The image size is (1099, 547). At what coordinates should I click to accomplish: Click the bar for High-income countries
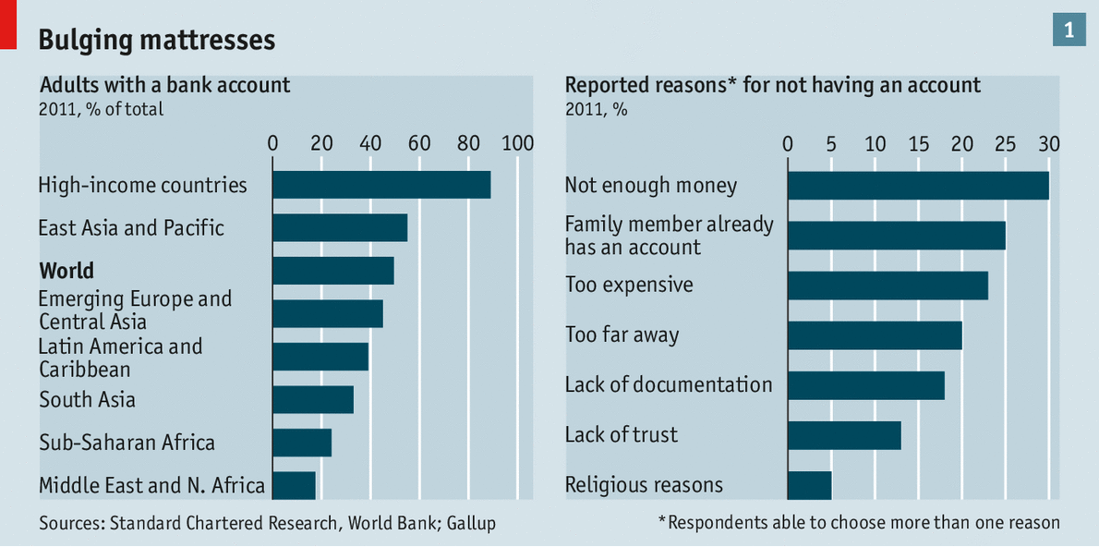coord(381,185)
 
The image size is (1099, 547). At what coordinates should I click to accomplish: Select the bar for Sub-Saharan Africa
coord(302,443)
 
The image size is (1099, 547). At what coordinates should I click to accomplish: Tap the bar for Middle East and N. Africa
coord(295,485)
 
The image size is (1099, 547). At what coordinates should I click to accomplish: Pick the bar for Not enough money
coord(918,185)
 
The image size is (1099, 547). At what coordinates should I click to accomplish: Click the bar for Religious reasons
coord(810,485)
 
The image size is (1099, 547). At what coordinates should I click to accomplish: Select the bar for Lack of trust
coord(844,435)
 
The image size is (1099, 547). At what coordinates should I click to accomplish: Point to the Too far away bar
coord(875,335)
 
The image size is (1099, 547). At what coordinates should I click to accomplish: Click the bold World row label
coord(66,271)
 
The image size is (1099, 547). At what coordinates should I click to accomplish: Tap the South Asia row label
coord(87,400)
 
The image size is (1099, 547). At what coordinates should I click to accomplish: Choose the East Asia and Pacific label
coord(131,228)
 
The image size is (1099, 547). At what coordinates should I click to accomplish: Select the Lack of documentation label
coord(669,384)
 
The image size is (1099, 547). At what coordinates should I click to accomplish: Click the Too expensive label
coord(629,285)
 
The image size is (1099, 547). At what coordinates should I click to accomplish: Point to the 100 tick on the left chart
coord(518,144)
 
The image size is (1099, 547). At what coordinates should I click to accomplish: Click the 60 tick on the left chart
coord(419,144)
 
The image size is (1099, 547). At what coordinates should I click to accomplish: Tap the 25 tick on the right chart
coord(1005,144)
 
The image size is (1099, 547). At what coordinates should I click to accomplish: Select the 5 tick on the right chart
coord(831,144)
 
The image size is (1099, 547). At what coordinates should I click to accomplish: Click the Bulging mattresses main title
coord(156,40)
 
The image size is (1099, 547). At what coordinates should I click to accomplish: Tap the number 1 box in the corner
coord(1069,30)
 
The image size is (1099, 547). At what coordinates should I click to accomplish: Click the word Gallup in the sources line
coord(471,523)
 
